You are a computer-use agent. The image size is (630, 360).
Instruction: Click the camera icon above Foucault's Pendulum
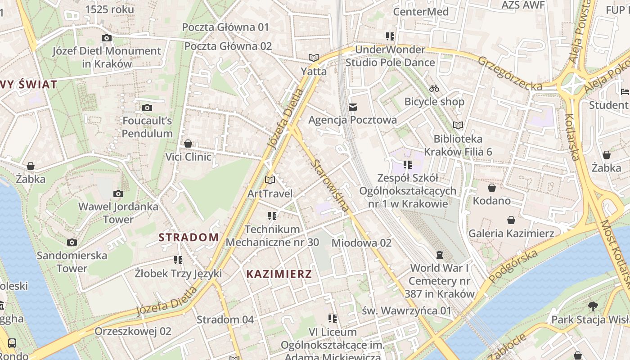coord(147,108)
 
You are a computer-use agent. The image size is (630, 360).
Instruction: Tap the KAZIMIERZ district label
coord(279,274)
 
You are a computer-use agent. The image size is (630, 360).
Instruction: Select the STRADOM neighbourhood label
coord(189,237)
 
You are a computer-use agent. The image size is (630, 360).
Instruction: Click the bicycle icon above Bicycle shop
coord(434,88)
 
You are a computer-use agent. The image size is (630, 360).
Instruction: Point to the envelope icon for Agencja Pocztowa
coord(353,107)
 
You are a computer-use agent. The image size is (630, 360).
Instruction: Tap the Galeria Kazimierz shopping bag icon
coord(511,220)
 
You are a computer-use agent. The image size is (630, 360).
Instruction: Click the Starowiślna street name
coord(329,185)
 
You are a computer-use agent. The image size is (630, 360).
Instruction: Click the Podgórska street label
coord(513,266)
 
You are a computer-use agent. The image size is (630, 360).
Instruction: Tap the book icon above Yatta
coord(314,58)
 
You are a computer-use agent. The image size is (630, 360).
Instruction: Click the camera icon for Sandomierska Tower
coord(72,243)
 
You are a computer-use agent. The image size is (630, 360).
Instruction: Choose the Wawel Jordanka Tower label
coord(118,213)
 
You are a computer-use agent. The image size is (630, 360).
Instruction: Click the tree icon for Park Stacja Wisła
coord(593,306)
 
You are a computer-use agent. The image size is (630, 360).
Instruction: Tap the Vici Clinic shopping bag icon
coord(188,144)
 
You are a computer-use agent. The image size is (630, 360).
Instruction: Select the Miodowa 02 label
coord(361,243)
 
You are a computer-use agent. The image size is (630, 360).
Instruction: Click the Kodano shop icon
coord(492,187)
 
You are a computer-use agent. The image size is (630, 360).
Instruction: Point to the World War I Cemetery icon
coord(440,255)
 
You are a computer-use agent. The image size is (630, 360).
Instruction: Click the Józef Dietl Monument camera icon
coord(107,38)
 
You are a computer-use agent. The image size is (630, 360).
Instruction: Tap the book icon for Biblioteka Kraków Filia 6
coord(458,125)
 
